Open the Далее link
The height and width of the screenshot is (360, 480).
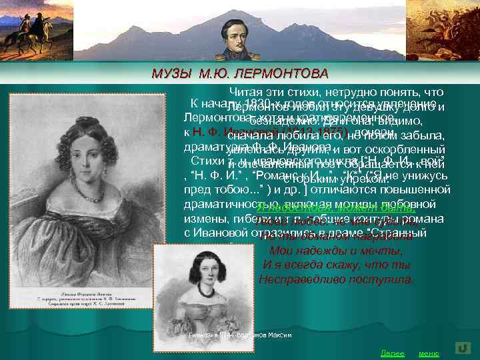point(391,353)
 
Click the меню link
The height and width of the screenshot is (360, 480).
point(428,353)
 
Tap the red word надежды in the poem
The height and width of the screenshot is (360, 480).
point(313,251)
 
